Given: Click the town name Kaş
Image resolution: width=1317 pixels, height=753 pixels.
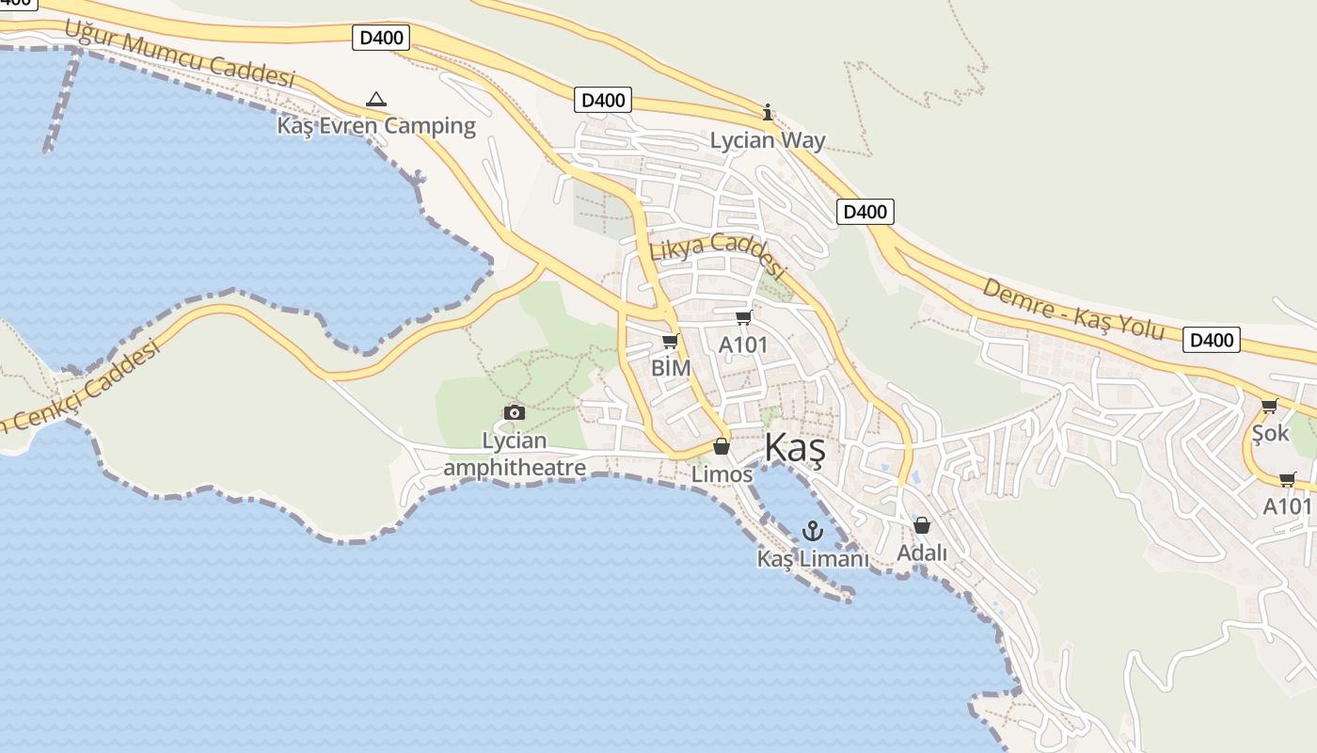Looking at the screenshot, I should click(795, 449).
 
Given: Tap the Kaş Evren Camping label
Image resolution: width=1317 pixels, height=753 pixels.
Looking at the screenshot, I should click(376, 125).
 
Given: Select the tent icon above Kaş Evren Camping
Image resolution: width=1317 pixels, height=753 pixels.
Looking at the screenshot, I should click(376, 99).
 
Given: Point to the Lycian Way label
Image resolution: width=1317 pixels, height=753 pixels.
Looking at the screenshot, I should click(768, 141).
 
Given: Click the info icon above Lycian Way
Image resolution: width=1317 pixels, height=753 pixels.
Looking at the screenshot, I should click(768, 113).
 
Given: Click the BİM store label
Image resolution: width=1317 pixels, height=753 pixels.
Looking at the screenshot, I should click(671, 367).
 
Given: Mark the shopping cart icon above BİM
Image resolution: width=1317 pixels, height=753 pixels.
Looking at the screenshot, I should click(670, 342).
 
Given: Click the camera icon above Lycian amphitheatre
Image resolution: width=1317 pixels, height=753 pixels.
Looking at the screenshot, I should click(514, 412).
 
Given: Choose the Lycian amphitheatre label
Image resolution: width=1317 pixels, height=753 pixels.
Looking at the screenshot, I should click(515, 454).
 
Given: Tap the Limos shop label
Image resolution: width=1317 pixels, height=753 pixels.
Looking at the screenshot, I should click(722, 474).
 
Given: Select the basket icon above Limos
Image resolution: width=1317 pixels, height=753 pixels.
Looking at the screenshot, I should click(722, 446).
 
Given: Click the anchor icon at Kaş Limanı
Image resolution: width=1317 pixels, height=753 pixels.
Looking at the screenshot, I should click(812, 532).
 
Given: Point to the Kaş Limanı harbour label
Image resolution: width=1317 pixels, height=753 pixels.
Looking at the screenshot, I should click(813, 559).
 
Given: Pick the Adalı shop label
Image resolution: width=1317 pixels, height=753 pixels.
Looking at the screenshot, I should click(922, 553).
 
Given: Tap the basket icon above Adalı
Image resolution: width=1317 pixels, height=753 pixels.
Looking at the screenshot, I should click(922, 525).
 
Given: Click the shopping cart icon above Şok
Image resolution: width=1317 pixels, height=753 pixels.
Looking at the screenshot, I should click(1269, 406).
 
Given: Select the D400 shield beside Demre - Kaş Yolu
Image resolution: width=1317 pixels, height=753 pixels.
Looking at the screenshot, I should click(1211, 340).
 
